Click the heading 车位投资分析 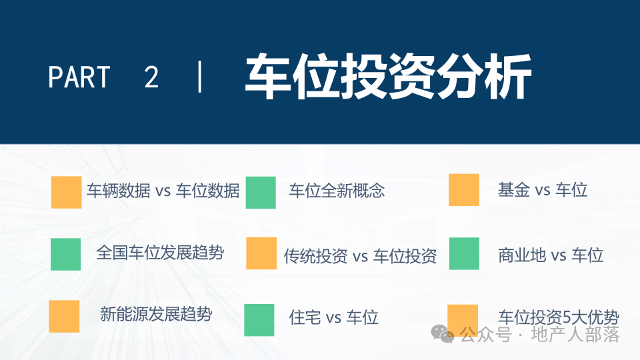pyautogui.click(x=388, y=77)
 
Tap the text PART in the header pyautogui.click(x=79, y=77)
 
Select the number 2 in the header pyautogui.click(x=151, y=77)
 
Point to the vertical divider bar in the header pyautogui.click(x=199, y=77)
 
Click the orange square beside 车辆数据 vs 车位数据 pyautogui.click(x=67, y=192)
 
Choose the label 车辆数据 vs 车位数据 pyautogui.click(x=163, y=191)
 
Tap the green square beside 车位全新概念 pyautogui.click(x=261, y=192)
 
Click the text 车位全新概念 pyautogui.click(x=337, y=191)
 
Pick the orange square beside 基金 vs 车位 pyautogui.click(x=464, y=190)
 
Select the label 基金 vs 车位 pyautogui.click(x=543, y=190)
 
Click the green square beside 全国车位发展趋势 pyautogui.click(x=66, y=254)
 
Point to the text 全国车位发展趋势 pyautogui.click(x=160, y=253)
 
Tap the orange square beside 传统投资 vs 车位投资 pyautogui.click(x=261, y=253)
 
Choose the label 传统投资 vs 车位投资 pyautogui.click(x=361, y=256)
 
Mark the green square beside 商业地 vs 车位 pyautogui.click(x=464, y=253)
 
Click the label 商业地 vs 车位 pyautogui.click(x=551, y=255)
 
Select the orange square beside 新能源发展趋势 pyautogui.click(x=64, y=316)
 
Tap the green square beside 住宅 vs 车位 pyautogui.click(x=259, y=320)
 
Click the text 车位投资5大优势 pyautogui.click(x=559, y=317)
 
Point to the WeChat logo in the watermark pyautogui.click(x=443, y=334)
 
